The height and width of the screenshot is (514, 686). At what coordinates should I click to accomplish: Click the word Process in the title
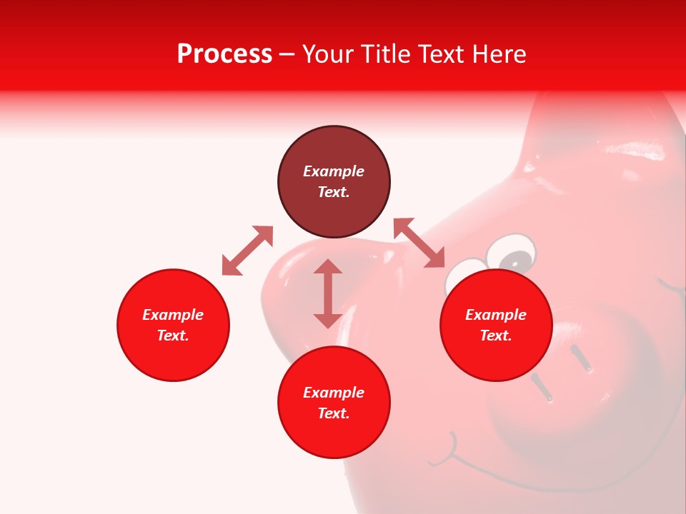click(x=224, y=54)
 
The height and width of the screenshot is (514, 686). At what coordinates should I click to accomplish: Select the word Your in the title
click(x=327, y=54)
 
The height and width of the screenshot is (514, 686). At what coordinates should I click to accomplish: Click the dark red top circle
click(x=334, y=181)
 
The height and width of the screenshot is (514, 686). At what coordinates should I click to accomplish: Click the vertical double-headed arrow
click(x=328, y=293)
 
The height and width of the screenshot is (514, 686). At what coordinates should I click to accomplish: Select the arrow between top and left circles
click(x=247, y=251)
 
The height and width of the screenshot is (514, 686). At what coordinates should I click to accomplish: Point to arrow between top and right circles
click(x=419, y=243)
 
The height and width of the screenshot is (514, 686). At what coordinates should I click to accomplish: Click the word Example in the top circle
click(x=334, y=171)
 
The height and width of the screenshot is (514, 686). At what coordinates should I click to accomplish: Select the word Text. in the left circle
click(x=173, y=336)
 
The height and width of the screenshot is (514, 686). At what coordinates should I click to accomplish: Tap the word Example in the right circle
click(x=496, y=315)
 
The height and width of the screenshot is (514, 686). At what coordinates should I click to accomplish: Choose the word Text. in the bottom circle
click(x=334, y=413)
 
